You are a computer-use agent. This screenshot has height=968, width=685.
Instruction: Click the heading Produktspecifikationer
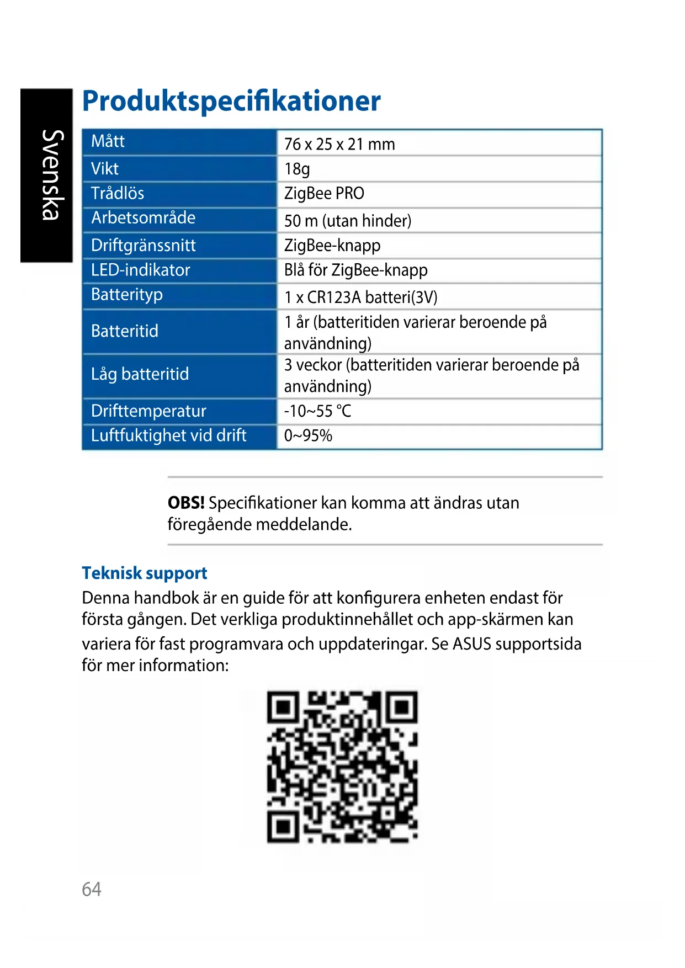point(231,101)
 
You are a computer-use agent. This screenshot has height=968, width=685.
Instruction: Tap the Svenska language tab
point(47,175)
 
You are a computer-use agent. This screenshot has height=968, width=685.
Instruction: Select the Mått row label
point(108,141)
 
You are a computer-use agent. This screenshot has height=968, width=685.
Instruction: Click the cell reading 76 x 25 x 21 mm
point(339,144)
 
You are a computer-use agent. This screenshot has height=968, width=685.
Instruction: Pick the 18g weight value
point(297,169)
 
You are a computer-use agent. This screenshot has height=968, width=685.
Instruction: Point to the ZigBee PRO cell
point(324,194)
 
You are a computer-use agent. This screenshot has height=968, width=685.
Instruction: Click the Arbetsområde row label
point(143,218)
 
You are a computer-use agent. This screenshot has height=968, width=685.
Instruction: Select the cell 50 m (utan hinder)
point(348,221)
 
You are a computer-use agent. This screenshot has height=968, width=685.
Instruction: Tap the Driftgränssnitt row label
point(143,245)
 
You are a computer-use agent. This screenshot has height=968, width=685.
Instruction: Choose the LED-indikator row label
point(140,270)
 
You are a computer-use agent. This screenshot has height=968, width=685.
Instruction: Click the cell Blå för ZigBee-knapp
point(355,270)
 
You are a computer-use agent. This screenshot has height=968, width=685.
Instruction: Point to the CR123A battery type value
point(360,297)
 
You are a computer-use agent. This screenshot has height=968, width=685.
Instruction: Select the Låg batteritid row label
point(140,374)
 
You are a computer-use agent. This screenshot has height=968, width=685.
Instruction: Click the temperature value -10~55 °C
point(317,411)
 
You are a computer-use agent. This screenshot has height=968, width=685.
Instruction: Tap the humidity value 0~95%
point(308,436)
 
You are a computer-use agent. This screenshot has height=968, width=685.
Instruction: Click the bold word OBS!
point(186,503)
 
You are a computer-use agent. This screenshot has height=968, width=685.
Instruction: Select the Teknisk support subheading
point(145,573)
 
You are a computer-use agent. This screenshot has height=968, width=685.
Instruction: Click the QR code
point(342,767)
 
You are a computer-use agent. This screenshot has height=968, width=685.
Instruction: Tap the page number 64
point(92,889)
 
